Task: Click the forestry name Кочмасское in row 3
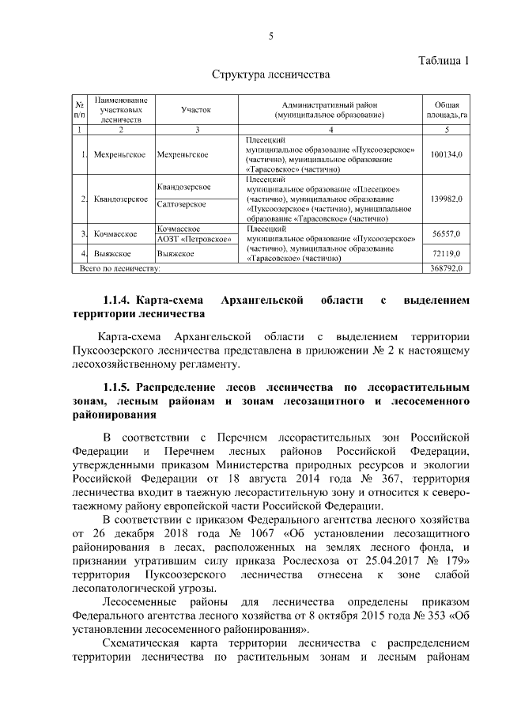[x=116, y=234]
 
